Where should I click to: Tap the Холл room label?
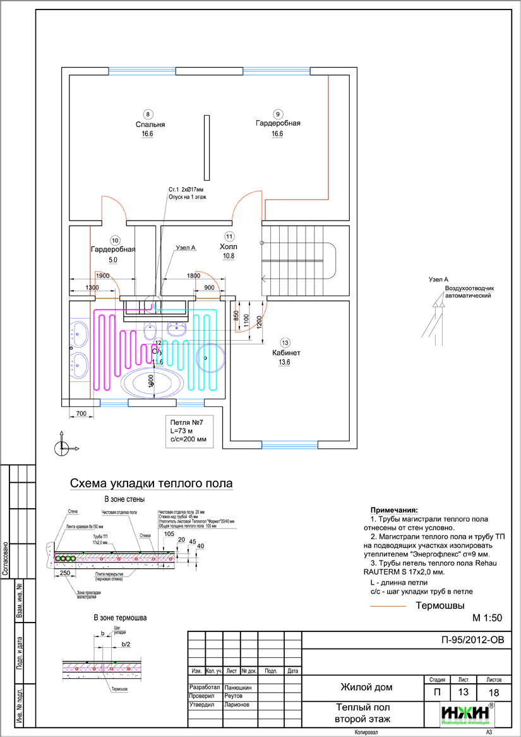228,247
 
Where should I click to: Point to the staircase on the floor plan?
297,259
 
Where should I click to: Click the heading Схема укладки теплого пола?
151,484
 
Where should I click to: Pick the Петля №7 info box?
188,431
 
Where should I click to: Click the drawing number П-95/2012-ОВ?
474,639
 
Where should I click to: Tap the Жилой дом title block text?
366,686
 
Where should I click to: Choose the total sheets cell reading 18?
494,692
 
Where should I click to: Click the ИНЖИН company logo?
467,714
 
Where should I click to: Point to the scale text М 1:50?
487,618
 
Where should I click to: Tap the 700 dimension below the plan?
81,413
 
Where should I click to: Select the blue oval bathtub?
152,383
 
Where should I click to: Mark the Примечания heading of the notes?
394,509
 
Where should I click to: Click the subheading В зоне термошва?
120,617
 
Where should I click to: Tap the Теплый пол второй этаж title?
362,714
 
